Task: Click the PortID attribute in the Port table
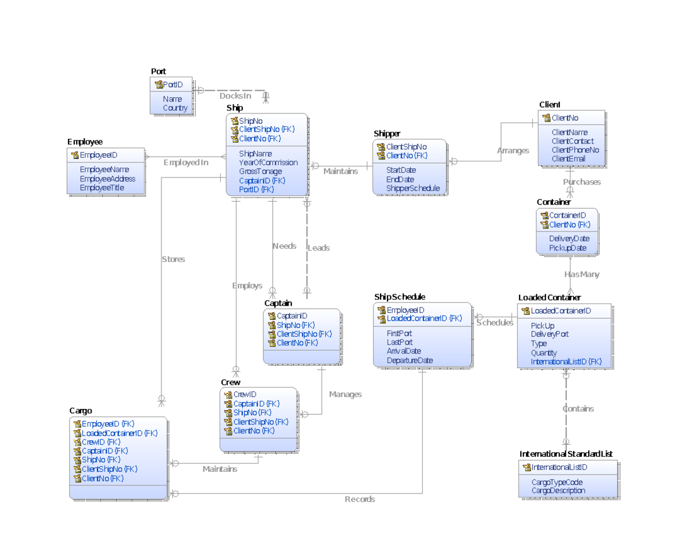tap(172, 85)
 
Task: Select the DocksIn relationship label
tap(235, 96)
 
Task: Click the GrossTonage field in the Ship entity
tap(260, 171)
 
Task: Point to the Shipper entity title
tap(387, 134)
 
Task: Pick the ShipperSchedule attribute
tap(413, 188)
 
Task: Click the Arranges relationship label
tap(513, 151)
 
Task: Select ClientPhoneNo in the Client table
tap(575, 150)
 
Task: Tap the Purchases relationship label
tap(582, 182)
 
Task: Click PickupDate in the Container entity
tap(567, 248)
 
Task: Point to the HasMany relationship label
tap(581, 275)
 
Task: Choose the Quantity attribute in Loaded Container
tap(544, 353)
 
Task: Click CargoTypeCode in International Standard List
tap(556, 482)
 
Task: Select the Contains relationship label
tap(578, 409)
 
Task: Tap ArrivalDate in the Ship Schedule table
tap(404, 351)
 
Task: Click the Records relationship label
tap(360, 499)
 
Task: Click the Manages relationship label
tap(345, 395)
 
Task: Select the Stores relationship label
tap(173, 260)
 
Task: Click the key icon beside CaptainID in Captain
tap(272, 316)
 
